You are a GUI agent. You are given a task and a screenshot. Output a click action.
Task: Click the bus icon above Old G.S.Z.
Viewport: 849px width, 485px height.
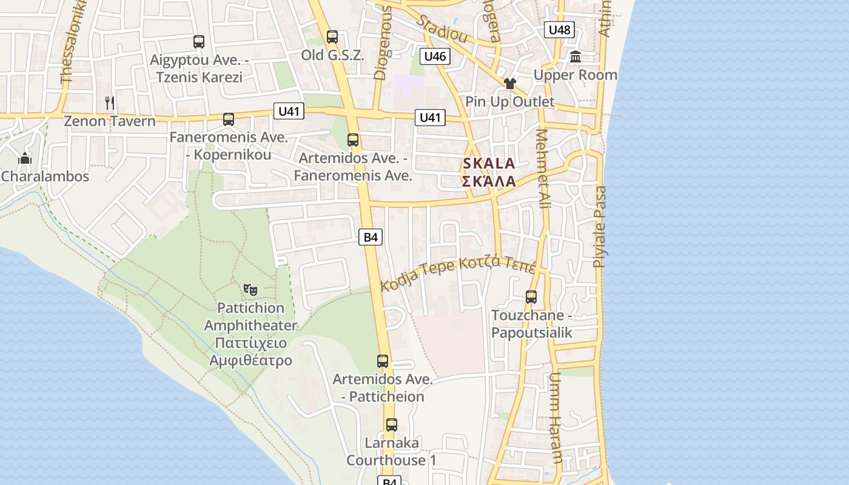(332, 36)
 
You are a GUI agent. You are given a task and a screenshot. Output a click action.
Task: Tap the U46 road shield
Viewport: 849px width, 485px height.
(435, 57)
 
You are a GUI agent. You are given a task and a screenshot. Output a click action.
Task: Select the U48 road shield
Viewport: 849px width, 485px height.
(559, 30)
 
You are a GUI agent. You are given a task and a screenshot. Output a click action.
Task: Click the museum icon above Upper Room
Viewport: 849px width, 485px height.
(576, 57)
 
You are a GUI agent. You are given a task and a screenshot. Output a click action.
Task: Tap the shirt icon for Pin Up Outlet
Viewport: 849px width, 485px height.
(509, 84)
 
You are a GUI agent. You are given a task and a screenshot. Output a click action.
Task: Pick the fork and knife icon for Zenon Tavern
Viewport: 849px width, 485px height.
(109, 102)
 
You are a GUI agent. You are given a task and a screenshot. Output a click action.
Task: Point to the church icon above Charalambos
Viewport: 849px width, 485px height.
(25, 159)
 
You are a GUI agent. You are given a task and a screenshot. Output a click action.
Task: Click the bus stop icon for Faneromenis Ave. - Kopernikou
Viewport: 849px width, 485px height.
(228, 119)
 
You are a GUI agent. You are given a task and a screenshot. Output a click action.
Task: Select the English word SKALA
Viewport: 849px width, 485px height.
(489, 163)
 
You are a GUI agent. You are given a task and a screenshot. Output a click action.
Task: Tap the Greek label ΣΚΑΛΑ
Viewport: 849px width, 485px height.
(489, 181)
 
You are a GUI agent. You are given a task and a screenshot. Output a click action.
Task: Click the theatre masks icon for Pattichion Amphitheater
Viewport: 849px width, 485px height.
(250, 290)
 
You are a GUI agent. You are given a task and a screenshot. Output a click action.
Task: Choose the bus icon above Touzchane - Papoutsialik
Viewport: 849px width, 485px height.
(531, 297)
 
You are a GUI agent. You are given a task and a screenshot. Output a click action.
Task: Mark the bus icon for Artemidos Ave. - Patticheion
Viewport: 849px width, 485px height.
(383, 361)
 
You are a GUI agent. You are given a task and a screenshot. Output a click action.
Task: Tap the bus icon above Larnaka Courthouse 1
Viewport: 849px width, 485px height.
(392, 425)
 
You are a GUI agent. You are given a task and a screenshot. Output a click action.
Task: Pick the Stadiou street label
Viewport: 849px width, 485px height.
(442, 27)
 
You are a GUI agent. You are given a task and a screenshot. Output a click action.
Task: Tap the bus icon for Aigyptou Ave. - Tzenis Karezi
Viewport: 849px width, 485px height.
(198, 42)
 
